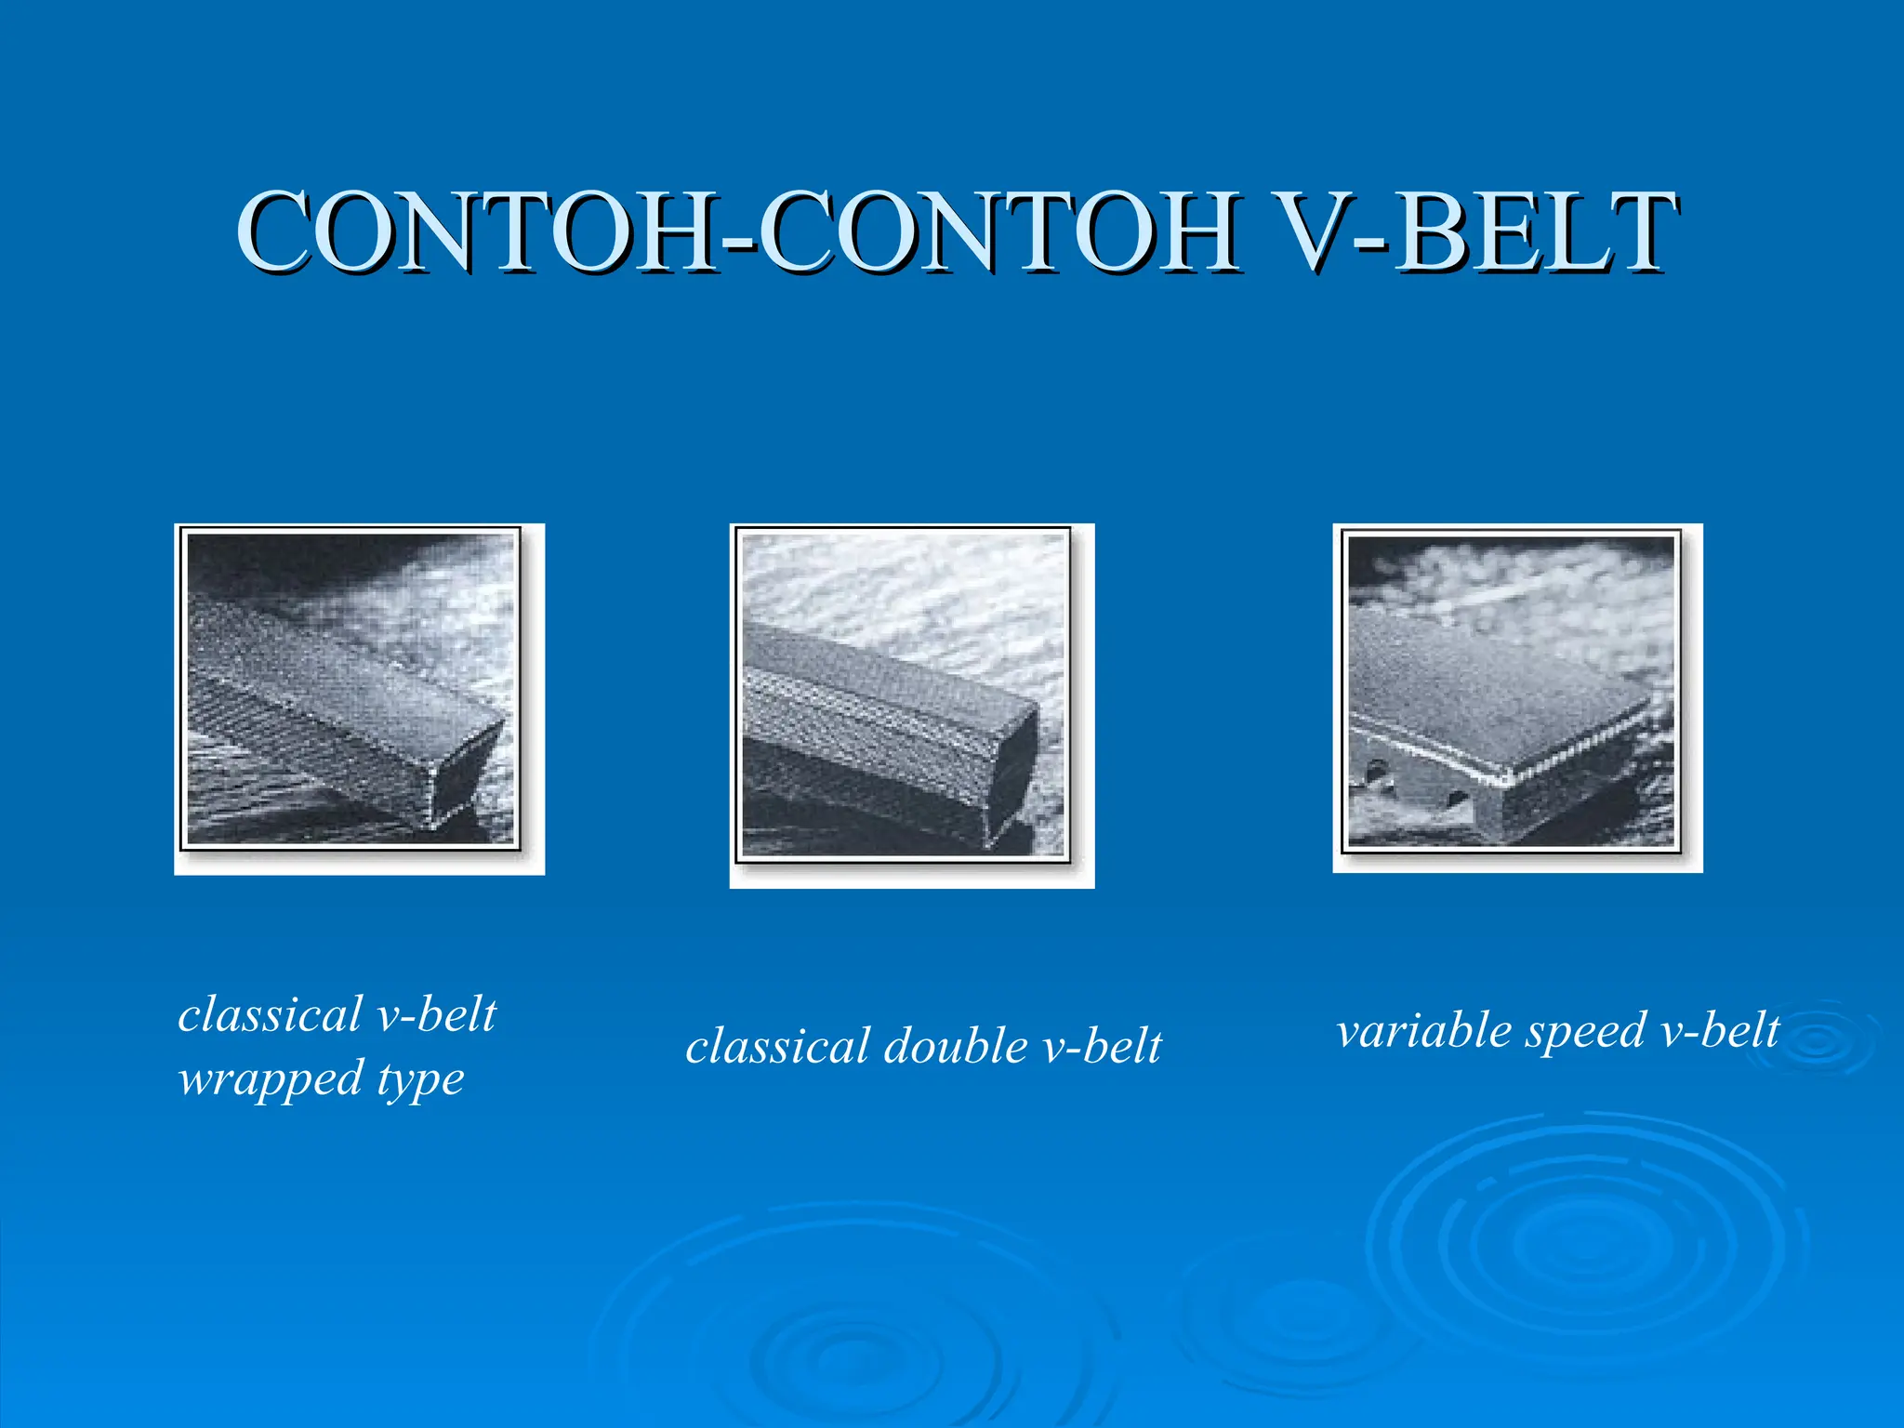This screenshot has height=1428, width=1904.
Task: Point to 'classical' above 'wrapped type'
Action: [270, 1014]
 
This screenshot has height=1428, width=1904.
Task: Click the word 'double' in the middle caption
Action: [955, 1047]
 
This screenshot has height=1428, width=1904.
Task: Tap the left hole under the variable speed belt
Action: [1378, 771]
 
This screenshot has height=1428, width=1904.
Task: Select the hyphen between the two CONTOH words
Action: [739, 244]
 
